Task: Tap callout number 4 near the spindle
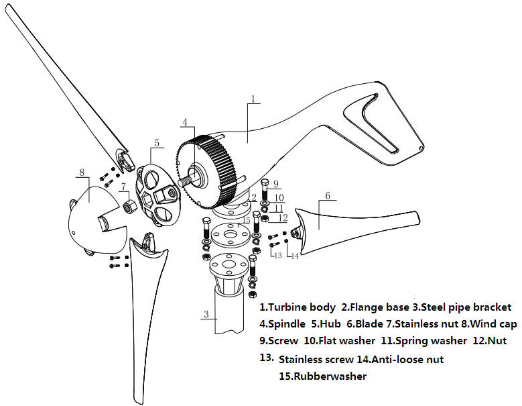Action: point(184,122)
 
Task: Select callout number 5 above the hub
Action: point(156,142)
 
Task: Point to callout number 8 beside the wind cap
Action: point(82,172)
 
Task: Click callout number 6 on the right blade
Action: point(328,196)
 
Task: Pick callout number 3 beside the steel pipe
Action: point(206,314)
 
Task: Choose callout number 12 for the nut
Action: point(283,219)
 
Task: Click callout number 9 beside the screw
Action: point(275,183)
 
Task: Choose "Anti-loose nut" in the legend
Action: point(409,360)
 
